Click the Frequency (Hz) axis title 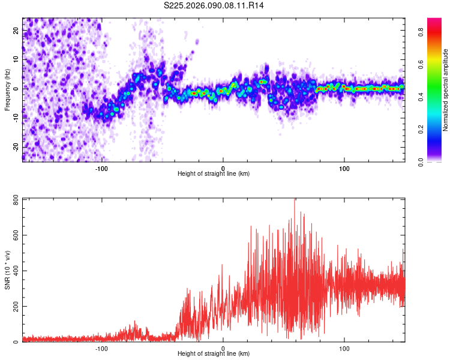pyautogui.click(x=7, y=89)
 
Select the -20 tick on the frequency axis pyautogui.click(x=16, y=146)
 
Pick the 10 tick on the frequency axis pyautogui.click(x=16, y=59)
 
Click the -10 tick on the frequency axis pyautogui.click(x=16, y=118)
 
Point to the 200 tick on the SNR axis pyautogui.click(x=16, y=307)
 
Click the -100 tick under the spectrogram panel pyautogui.click(x=101, y=167)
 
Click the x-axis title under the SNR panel pyautogui.click(x=214, y=354)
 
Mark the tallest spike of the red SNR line pyautogui.click(x=294, y=200)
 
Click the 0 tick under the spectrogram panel pyautogui.click(x=223, y=167)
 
